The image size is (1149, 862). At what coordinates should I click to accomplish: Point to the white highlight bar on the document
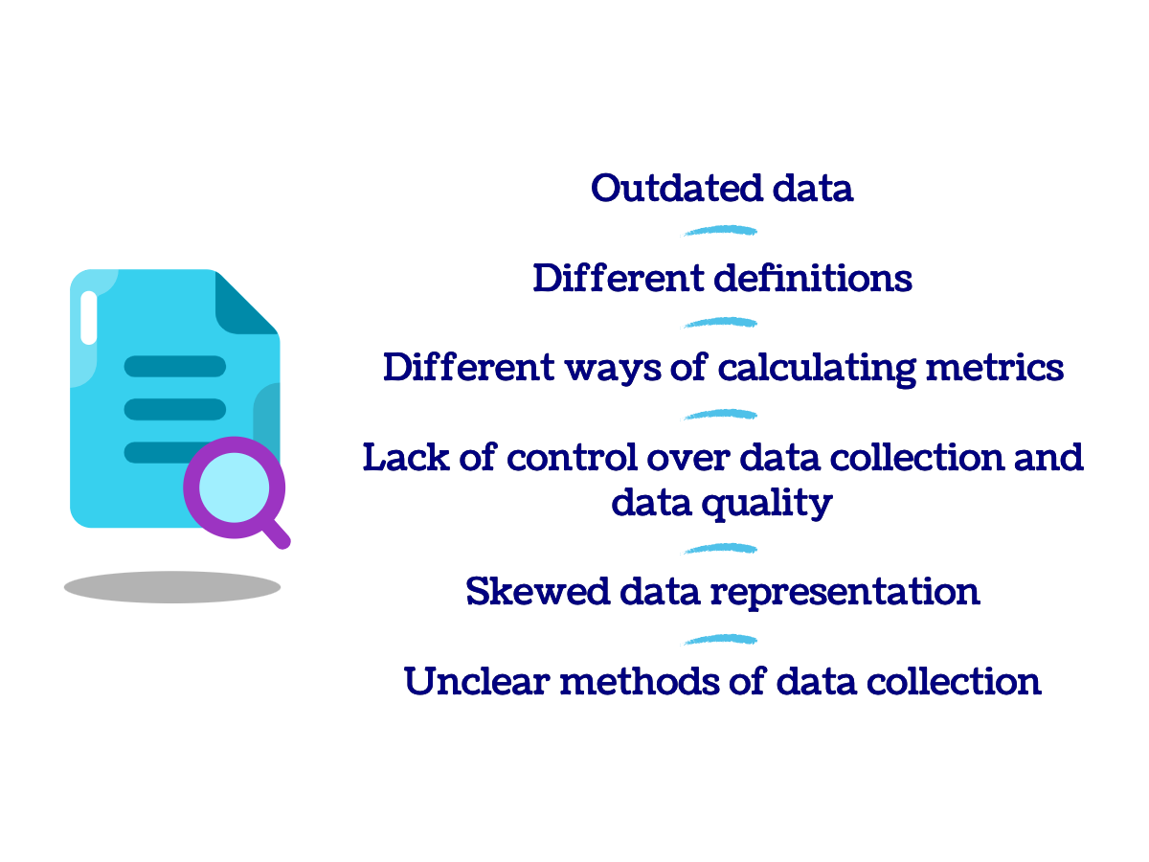click(x=89, y=318)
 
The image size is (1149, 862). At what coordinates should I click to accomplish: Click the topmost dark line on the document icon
click(x=175, y=366)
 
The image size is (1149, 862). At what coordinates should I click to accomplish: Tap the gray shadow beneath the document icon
click(x=172, y=587)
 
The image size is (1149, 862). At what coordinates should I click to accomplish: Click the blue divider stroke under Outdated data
click(x=721, y=231)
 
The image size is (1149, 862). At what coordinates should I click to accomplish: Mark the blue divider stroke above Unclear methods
click(x=721, y=639)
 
